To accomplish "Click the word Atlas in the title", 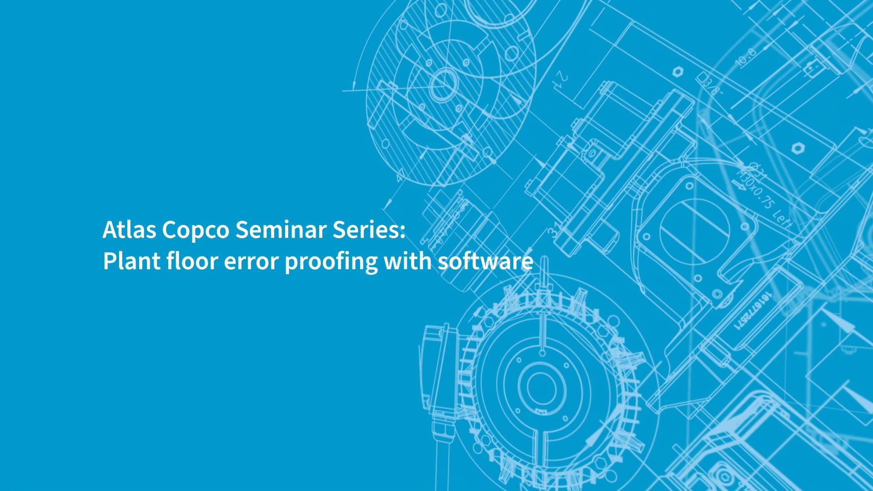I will [129, 230].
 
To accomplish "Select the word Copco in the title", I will [196, 230].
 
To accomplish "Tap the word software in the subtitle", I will [485, 261].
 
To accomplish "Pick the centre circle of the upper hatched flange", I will [443, 84].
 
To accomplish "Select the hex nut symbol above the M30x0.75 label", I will [796, 148].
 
